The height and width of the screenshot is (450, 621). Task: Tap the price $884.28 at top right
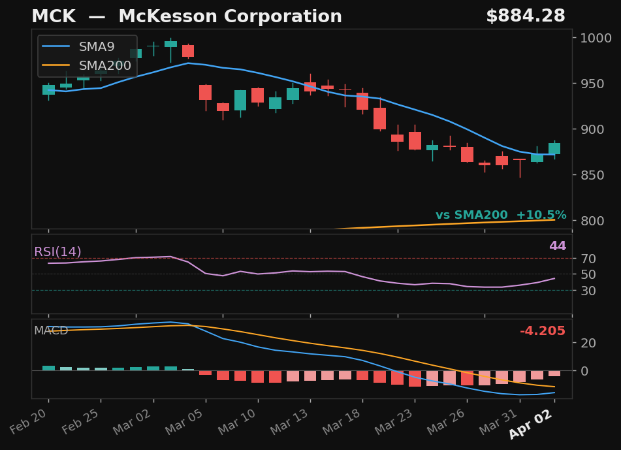tap(525, 17)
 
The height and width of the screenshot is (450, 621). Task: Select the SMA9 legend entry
tap(96, 47)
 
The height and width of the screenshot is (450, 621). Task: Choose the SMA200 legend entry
tap(104, 66)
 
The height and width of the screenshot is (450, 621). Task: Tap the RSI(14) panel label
tap(57, 252)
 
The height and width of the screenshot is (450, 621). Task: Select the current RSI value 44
tap(557, 247)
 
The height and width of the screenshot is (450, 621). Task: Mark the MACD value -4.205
tap(542, 332)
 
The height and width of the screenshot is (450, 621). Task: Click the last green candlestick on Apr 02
tap(554, 149)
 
